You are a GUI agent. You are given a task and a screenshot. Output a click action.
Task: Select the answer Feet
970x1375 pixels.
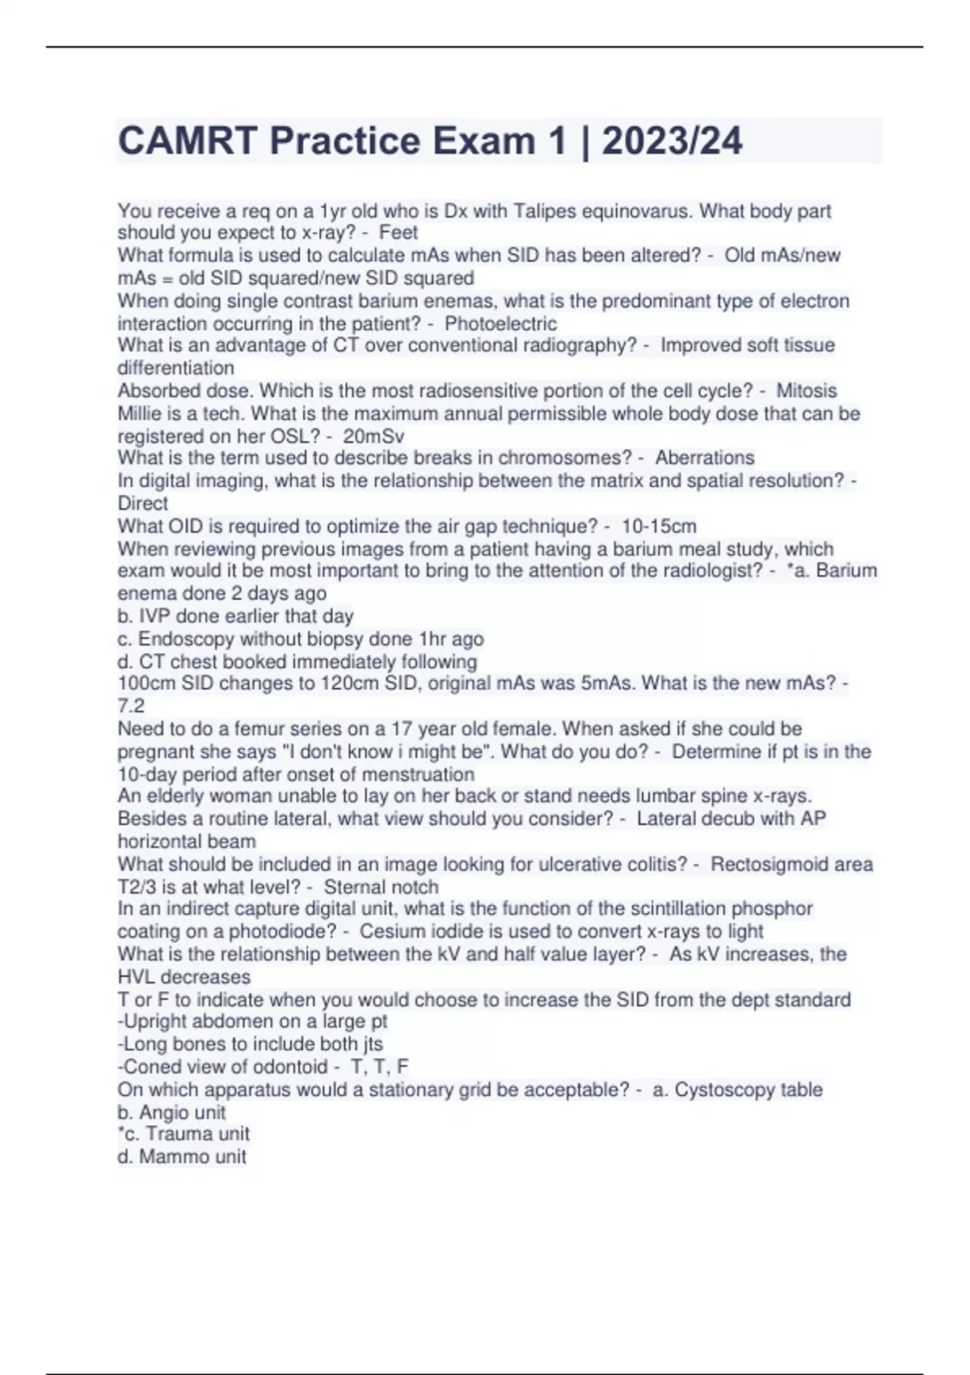point(399,233)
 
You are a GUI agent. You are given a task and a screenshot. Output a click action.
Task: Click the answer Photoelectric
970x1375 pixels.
point(500,324)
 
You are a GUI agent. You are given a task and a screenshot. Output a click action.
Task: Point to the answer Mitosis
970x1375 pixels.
point(806,391)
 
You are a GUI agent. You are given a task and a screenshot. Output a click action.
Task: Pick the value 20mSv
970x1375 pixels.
point(373,437)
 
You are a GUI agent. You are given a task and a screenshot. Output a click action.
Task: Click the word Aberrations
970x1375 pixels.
point(704,458)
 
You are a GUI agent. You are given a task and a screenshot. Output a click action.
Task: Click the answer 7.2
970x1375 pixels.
point(131,706)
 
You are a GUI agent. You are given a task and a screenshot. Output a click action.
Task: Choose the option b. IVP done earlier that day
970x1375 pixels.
point(235,616)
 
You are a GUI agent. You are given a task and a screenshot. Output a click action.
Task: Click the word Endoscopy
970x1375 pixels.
point(184,639)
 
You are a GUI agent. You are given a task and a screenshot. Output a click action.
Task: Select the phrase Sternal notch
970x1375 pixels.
point(381,887)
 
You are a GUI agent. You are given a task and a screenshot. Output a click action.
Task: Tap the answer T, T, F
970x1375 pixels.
point(380,1067)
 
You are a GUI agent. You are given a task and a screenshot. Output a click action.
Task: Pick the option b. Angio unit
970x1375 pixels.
point(171,1113)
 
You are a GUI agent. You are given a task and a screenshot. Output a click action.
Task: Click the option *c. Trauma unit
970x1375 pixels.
point(183,1134)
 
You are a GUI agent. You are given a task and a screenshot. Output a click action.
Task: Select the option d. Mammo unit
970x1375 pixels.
point(182,1157)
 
